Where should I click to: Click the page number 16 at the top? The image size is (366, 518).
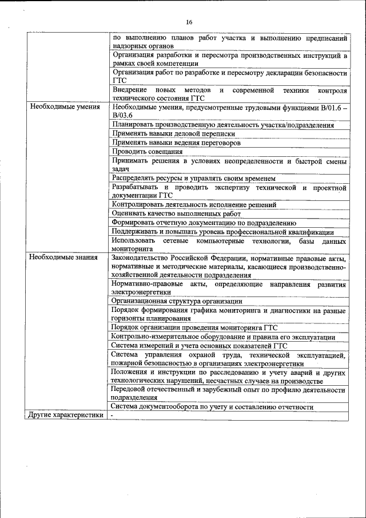click(189, 22)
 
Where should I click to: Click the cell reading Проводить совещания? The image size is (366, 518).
click(148, 152)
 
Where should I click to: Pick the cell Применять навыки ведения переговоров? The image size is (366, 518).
click(176, 143)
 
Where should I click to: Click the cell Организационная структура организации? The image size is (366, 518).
click(177, 300)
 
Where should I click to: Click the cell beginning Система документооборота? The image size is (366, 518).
click(213, 407)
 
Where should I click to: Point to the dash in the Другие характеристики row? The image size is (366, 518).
click(113, 416)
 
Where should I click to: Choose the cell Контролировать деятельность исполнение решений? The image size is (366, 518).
click(194, 204)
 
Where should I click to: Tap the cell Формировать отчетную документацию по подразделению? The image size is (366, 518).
click(204, 223)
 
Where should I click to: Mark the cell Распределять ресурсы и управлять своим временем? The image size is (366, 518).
click(194, 178)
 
